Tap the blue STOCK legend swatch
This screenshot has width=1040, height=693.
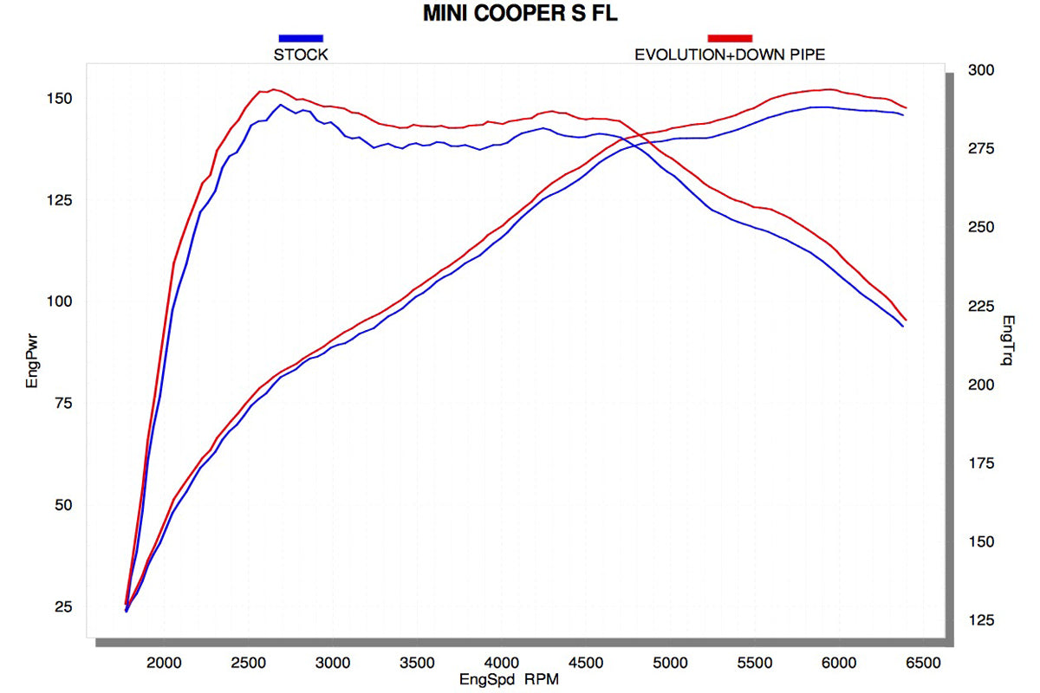click(x=301, y=38)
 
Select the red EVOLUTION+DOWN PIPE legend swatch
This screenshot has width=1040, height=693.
click(x=730, y=38)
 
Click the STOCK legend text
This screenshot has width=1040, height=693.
click(x=301, y=55)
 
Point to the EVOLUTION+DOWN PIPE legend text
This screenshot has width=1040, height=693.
click(x=730, y=55)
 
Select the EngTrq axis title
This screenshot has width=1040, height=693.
click(x=1007, y=339)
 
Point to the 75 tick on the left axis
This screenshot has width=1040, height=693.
click(x=62, y=404)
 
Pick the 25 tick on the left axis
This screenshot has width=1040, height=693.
click(x=62, y=606)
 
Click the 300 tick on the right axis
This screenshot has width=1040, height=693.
click(x=983, y=70)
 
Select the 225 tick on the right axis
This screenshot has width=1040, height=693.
click(x=983, y=306)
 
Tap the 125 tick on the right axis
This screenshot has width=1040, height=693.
click(x=983, y=620)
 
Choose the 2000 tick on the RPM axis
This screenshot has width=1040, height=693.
click(x=165, y=664)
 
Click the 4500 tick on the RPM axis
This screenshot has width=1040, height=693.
click(x=586, y=664)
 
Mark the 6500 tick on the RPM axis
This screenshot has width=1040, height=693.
click(x=922, y=664)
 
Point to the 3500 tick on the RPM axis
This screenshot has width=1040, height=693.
click(x=418, y=664)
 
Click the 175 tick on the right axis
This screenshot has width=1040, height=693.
click(x=983, y=463)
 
